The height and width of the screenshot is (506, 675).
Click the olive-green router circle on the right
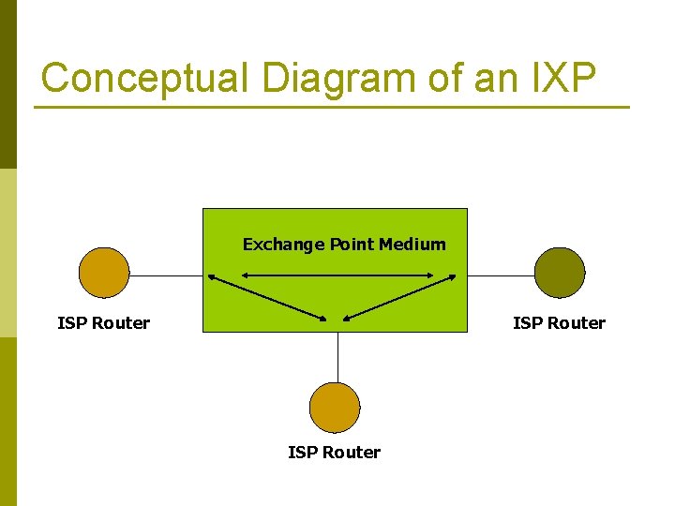(x=560, y=273)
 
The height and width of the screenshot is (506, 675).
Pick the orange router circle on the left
(x=104, y=273)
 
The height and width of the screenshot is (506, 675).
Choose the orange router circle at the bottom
(x=335, y=408)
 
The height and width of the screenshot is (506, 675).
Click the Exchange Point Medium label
(x=344, y=245)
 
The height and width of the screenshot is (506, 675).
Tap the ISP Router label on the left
(x=104, y=323)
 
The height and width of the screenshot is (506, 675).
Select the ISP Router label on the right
(x=559, y=323)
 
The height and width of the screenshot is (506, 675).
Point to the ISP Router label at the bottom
(x=335, y=453)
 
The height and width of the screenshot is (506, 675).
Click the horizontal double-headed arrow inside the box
(x=337, y=275)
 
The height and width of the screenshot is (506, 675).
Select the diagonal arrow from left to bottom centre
(x=268, y=298)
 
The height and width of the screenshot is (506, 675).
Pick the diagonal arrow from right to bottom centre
(x=398, y=298)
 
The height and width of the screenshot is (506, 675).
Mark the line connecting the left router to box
(x=166, y=276)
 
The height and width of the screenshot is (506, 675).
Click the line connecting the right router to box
(x=501, y=276)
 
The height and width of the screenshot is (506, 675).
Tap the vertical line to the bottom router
(x=337, y=357)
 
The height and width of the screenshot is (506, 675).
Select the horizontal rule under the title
(x=332, y=108)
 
